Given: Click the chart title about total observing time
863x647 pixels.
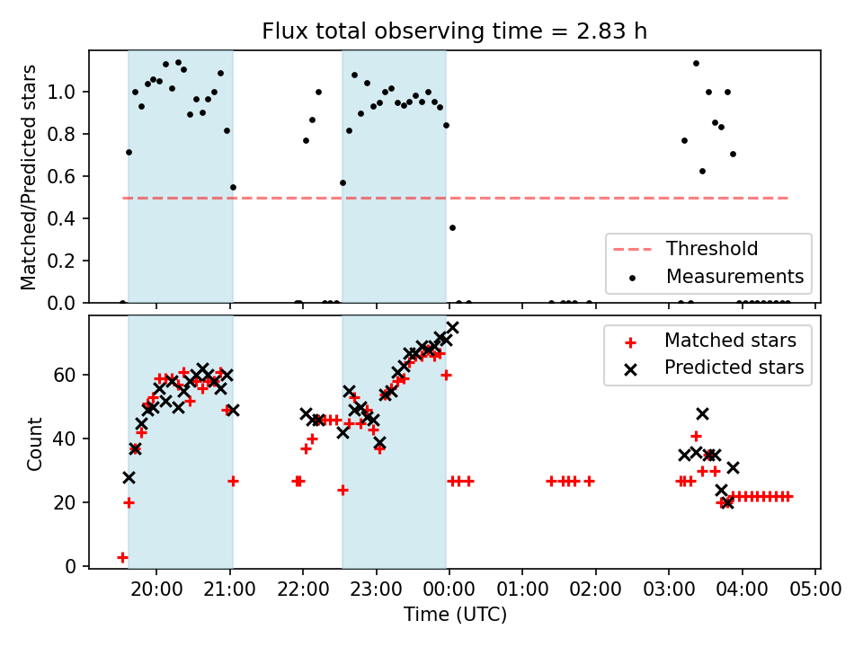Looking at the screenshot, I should click(454, 31).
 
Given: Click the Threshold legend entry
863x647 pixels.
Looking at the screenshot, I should click(711, 249).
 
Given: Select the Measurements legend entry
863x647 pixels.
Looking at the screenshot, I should click(734, 276).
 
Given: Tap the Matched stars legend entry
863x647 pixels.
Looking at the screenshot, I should click(729, 341).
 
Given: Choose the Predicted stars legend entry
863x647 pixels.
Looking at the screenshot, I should click(734, 368).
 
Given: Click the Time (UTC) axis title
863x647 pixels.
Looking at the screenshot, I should click(454, 615).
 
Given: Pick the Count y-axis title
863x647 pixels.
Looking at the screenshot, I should click(35, 442).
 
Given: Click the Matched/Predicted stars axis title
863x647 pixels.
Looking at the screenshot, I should click(30, 177).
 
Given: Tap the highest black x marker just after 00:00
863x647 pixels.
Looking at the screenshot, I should click(452, 328).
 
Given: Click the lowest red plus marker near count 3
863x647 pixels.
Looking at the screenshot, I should click(122, 557).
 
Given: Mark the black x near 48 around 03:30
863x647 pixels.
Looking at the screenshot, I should click(702, 413).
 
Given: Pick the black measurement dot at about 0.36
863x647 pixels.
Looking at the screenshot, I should click(452, 227).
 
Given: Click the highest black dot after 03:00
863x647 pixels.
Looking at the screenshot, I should click(696, 63).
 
